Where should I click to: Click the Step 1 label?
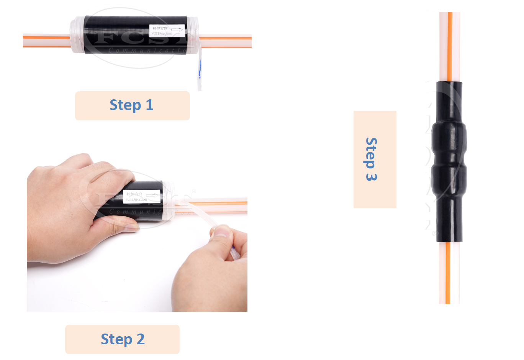tap(132, 105)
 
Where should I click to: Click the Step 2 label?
tap(123, 339)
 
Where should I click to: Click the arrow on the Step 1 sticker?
tap(177, 29)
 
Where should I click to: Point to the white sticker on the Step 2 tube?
tap(141, 196)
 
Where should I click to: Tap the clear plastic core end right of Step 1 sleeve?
tap(193, 36)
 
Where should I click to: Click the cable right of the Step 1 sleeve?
tap(226, 41)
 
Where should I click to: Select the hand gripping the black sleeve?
tap(73, 203)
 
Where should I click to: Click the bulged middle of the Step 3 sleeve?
tap(449, 161)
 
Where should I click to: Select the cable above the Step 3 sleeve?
tap(449, 46)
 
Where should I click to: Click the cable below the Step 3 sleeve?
tap(449, 272)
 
